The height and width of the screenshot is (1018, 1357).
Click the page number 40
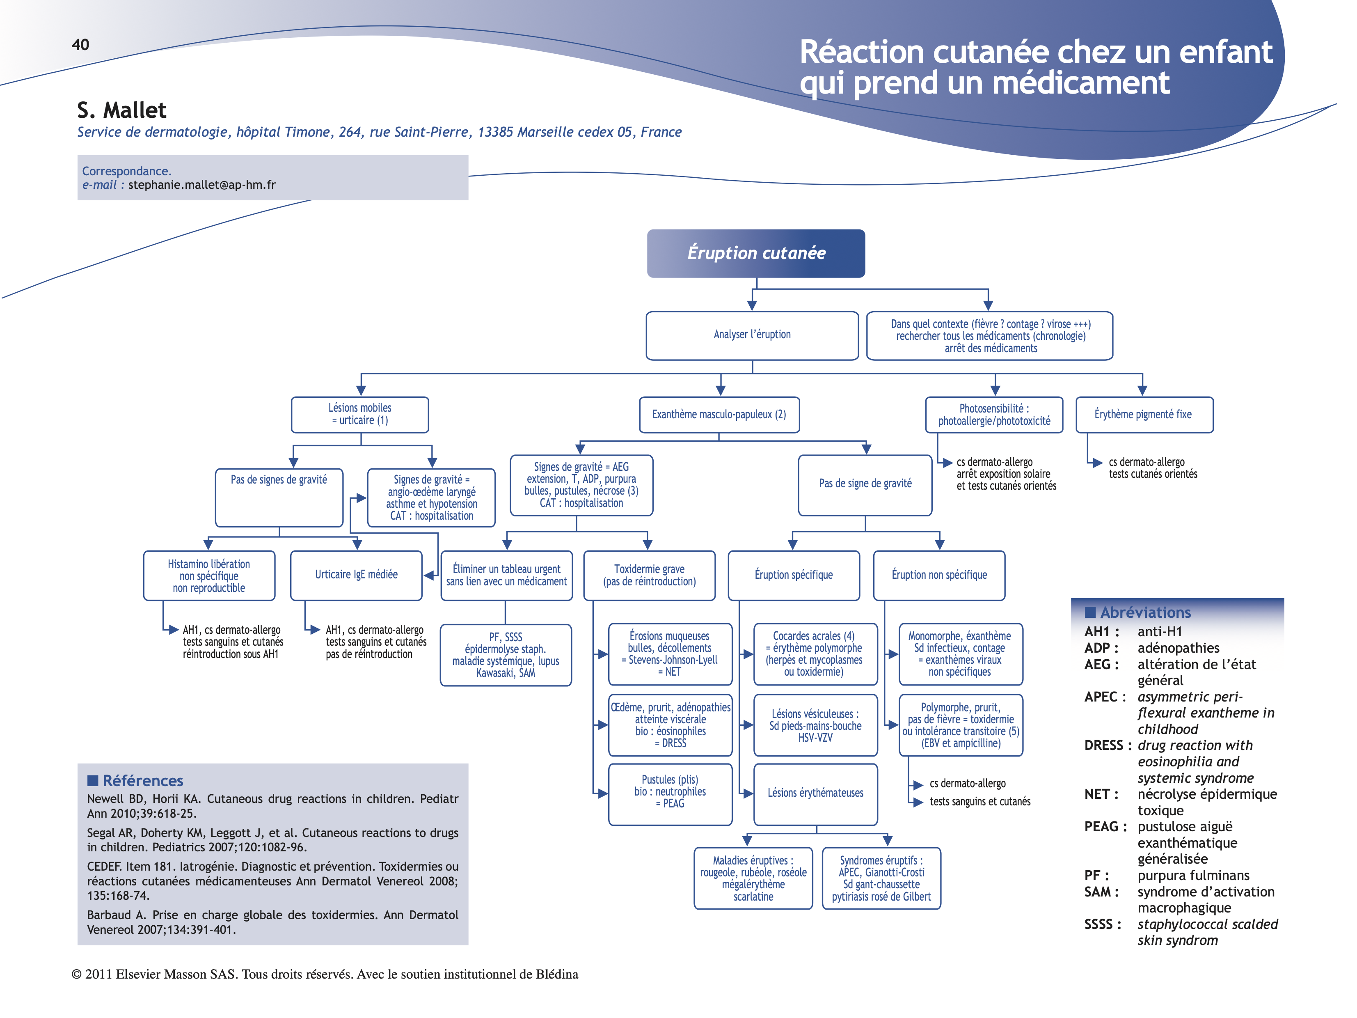(80, 45)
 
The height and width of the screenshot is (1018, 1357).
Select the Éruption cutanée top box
(756, 253)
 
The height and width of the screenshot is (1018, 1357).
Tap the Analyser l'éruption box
(752, 335)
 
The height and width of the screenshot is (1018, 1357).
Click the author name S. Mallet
(121, 110)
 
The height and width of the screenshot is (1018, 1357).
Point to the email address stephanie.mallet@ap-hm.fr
(202, 185)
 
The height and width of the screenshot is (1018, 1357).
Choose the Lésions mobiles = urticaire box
(360, 414)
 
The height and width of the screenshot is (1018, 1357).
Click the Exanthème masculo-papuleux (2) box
(719, 415)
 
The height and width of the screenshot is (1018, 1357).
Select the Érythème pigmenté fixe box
(1144, 415)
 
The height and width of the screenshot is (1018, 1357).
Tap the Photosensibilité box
(994, 415)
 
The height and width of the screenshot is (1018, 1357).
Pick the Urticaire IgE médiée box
(357, 575)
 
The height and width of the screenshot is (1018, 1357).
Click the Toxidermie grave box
(649, 575)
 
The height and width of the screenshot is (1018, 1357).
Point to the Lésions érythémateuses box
(815, 793)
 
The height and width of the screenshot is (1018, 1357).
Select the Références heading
(142, 780)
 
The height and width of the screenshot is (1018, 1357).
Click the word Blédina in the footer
(556, 974)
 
